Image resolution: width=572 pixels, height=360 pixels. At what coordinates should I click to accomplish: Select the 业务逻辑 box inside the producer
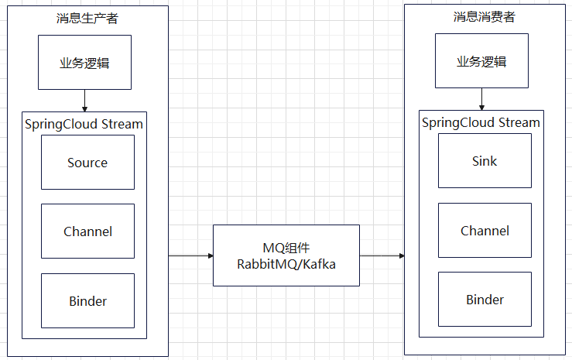coord(84,63)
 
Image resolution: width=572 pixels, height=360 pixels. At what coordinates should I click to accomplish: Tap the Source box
coord(87,163)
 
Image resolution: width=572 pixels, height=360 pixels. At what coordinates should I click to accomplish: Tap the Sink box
coord(485,161)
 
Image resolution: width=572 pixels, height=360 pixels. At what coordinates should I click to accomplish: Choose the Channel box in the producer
coord(87,231)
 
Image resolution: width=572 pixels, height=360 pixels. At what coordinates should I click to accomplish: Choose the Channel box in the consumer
coord(485,231)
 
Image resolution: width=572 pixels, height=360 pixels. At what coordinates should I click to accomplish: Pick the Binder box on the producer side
coord(87,300)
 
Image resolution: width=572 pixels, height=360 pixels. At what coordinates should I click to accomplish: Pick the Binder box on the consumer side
coord(485,300)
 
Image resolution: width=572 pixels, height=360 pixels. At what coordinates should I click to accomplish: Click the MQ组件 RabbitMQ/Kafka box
coord(286,255)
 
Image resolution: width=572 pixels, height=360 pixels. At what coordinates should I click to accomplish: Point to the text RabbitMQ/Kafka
coord(286,263)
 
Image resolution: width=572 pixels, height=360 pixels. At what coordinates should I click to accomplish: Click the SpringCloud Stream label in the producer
coord(84,123)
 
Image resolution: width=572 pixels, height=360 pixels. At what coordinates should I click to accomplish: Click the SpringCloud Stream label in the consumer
coord(481,122)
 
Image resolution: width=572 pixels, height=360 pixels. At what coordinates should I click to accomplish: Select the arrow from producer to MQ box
coord(190,255)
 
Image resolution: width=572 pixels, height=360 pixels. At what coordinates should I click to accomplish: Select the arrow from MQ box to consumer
coord(382,255)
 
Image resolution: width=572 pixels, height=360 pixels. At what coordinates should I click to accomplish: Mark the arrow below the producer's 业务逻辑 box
coord(84,101)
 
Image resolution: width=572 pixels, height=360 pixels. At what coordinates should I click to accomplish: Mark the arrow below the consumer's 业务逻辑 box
coord(481,99)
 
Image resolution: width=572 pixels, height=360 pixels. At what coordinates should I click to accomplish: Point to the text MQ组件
coord(286,248)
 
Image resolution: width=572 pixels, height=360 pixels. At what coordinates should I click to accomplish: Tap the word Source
coord(87,163)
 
